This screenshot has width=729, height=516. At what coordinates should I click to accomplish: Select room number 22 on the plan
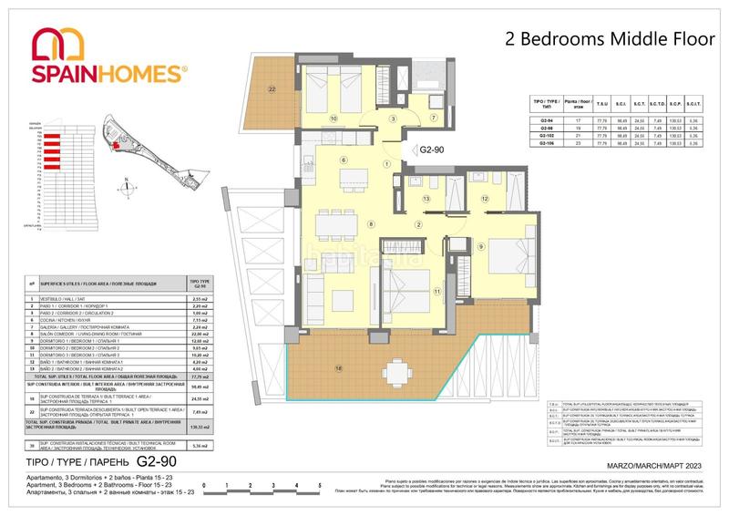tap(272, 88)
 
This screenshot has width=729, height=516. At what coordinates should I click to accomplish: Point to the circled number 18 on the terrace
tap(339, 367)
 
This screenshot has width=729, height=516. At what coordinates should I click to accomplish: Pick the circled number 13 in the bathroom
tap(426, 199)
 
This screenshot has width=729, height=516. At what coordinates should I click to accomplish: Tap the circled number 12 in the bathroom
tap(486, 199)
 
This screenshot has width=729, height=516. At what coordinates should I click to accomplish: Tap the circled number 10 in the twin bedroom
tap(334, 119)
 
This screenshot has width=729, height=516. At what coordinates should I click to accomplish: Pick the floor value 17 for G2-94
tap(575, 120)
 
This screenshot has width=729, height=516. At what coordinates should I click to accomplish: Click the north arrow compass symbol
tap(123, 189)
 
